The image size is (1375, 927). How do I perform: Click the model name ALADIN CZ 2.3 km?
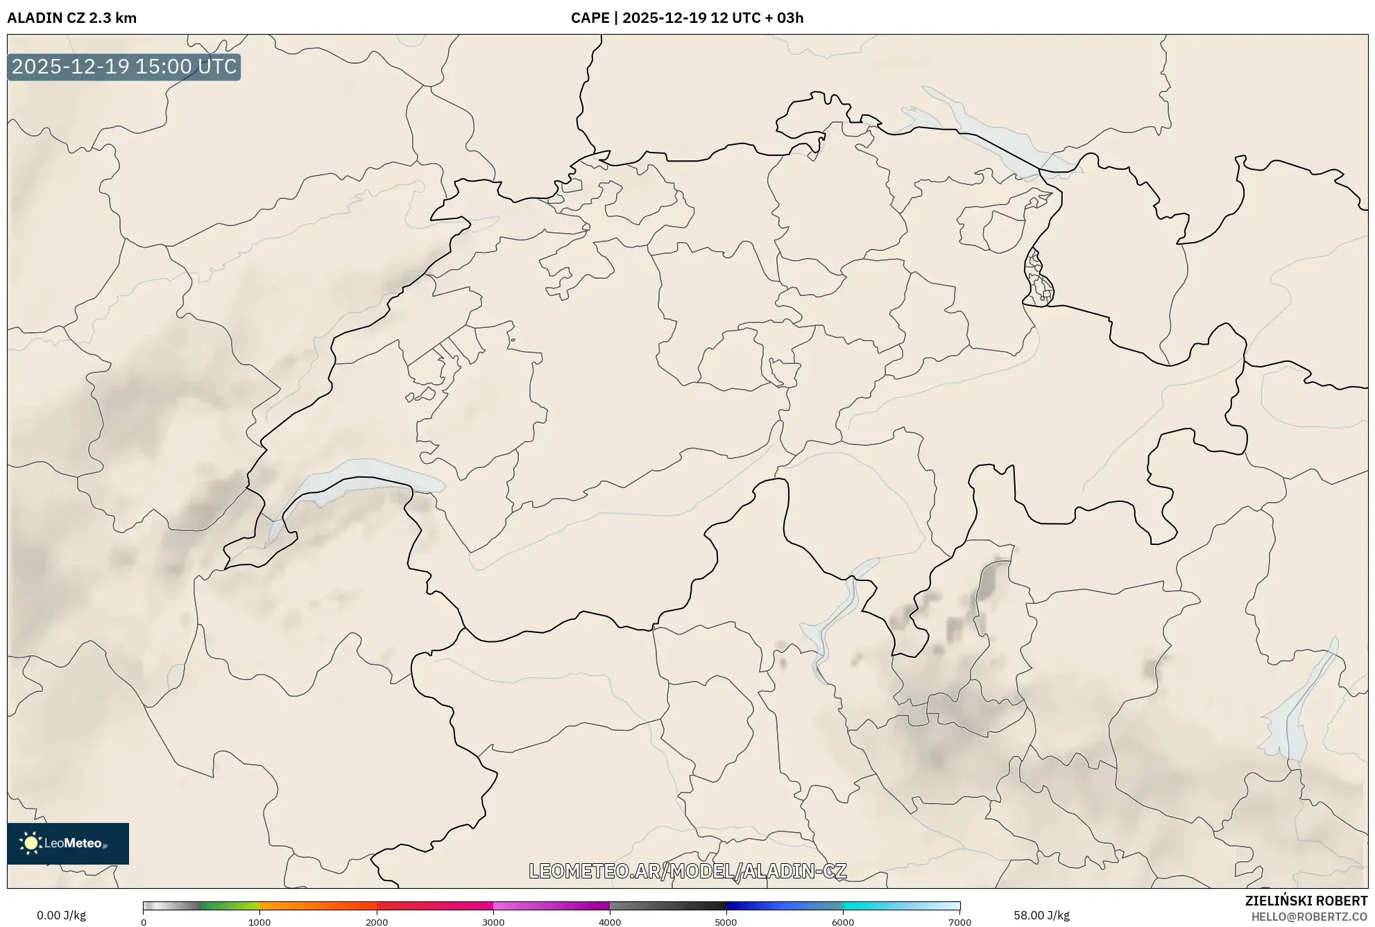(72, 18)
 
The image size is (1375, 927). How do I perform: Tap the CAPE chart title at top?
(687, 18)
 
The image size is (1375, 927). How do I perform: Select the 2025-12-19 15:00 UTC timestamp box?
(124, 67)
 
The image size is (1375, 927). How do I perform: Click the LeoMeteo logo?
(68, 843)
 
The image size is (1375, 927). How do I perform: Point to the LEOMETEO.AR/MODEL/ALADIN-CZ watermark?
(687, 871)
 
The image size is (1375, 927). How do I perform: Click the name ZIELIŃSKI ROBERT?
(1306, 901)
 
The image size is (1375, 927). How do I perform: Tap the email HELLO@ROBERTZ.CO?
(1309, 917)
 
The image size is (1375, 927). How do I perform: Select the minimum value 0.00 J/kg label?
(61, 915)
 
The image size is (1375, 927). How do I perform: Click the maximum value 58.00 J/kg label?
(1041, 915)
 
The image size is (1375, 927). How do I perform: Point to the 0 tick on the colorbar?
(144, 922)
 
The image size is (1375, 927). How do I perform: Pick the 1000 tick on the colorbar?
(259, 922)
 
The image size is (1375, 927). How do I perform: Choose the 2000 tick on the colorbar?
(377, 922)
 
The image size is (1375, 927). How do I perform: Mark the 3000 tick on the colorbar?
(493, 922)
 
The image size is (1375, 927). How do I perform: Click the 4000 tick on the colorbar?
(610, 922)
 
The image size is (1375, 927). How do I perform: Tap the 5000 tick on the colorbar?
(726, 922)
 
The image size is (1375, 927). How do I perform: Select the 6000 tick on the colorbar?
(843, 922)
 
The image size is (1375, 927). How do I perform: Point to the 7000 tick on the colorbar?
(959, 922)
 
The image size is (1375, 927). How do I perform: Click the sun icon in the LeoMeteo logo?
(31, 843)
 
